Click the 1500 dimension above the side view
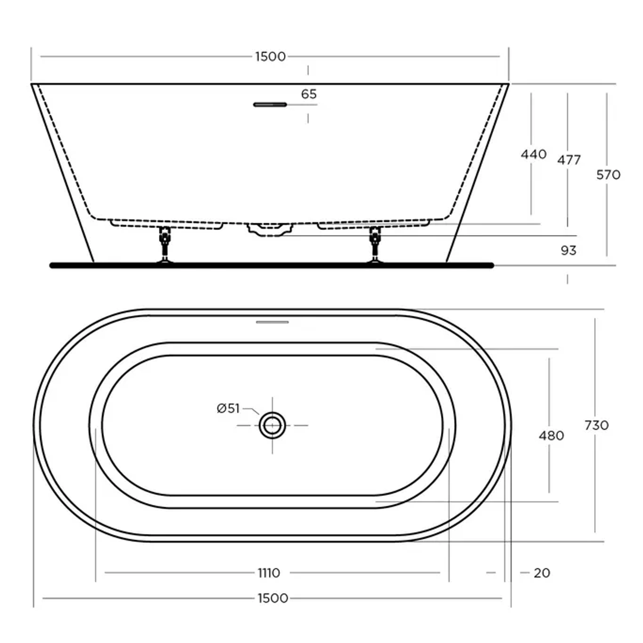[270, 57]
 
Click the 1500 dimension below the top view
[273, 598]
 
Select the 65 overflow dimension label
[309, 94]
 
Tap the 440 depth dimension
[533, 155]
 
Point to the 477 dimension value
[569, 160]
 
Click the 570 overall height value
[608, 174]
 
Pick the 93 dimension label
[569, 250]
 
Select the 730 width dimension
[596, 425]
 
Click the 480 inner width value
[551, 436]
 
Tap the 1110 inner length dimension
[269, 573]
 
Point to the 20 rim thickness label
[542, 573]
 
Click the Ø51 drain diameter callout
[228, 408]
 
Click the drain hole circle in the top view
[273, 425]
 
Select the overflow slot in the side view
[270, 105]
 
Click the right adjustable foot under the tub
[374, 244]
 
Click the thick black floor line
[271, 265]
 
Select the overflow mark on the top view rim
[272, 322]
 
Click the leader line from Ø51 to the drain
[252, 411]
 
